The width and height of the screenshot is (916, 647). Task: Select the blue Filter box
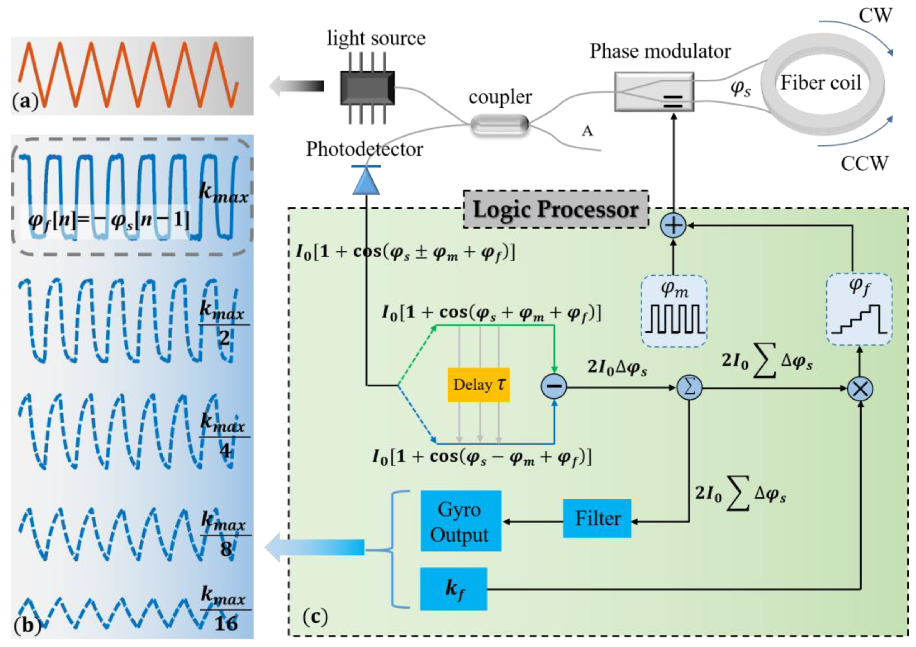pos(597,518)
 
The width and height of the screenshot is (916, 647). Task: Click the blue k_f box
pos(454,589)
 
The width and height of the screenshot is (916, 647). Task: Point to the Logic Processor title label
pos(556,209)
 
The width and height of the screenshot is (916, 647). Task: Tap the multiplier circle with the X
pos(860,389)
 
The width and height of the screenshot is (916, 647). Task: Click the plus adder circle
pos(673,225)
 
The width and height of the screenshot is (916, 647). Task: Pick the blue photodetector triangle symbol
pos(366,180)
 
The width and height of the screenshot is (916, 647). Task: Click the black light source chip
pos(367,88)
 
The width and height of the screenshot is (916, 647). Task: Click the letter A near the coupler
pos(587,131)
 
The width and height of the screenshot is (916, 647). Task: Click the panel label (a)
pos(25,101)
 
